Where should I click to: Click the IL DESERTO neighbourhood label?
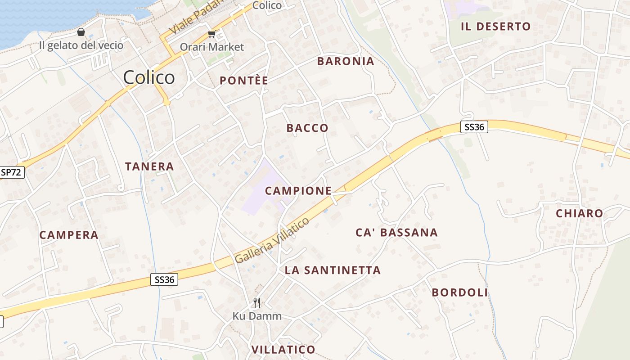pos(495,27)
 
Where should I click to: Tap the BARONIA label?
pos(346,62)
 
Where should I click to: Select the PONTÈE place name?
pos(243,81)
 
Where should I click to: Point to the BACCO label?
pos(307,128)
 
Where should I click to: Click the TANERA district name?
pos(149,166)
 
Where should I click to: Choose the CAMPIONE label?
pos(298,191)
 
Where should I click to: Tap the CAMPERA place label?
pos(69,235)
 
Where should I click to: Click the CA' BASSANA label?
pos(396,233)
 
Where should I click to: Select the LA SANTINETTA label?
pos(333,270)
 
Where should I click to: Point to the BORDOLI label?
pos(459,292)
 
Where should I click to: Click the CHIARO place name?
pos(580,214)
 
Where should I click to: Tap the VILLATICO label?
pos(283,350)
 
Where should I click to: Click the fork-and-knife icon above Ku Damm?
pos(257,302)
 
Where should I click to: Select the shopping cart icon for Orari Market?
pos(211,34)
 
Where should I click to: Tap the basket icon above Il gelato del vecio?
pos(81,32)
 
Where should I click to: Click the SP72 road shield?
pos(11,172)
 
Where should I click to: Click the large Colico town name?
pos(149,77)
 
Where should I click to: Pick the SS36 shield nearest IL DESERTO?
pos(474,127)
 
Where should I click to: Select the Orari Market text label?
pos(212,47)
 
